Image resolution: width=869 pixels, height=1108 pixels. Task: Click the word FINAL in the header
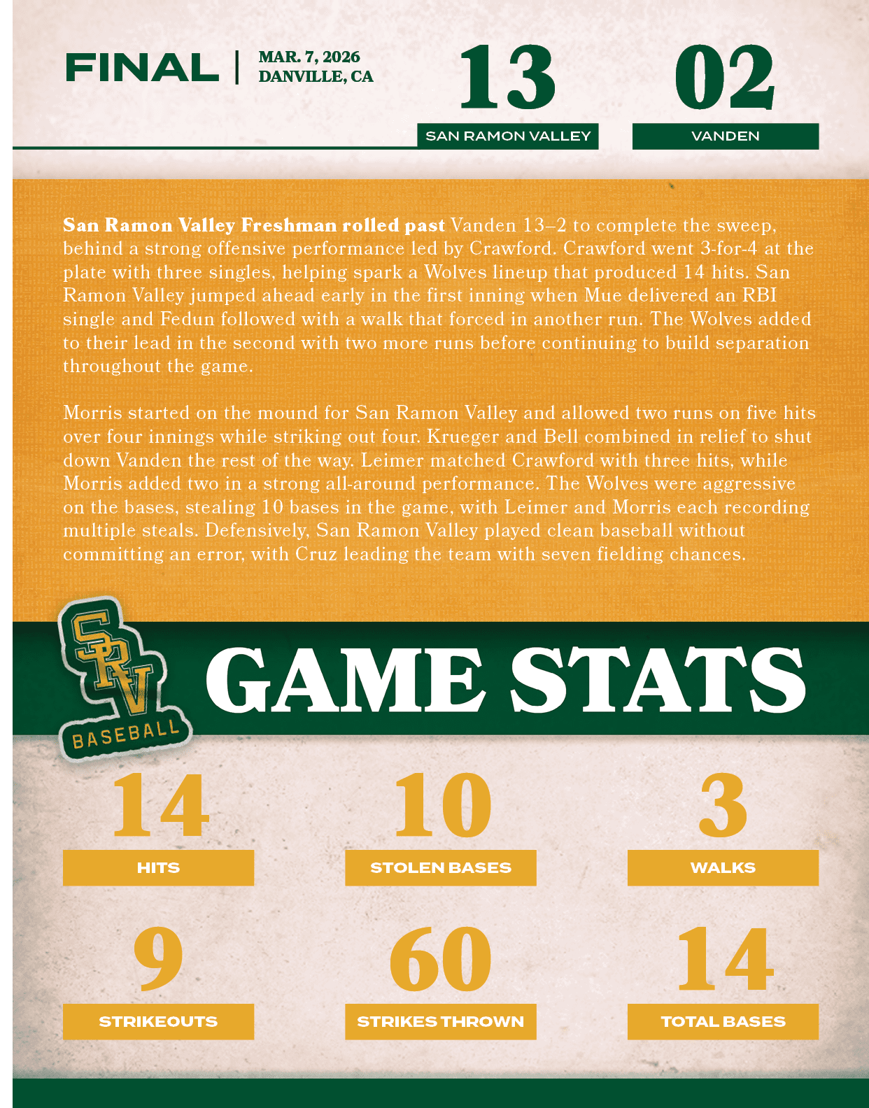(142, 68)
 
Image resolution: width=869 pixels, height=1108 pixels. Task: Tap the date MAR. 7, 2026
(309, 57)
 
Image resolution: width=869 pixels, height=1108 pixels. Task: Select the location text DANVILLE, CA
(316, 76)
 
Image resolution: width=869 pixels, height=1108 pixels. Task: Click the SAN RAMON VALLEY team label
(508, 136)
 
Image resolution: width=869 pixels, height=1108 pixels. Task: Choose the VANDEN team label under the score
(726, 136)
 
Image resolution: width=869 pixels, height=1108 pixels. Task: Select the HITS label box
(158, 867)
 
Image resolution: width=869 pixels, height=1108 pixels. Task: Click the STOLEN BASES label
(441, 867)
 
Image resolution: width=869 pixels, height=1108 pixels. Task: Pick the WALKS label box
(723, 867)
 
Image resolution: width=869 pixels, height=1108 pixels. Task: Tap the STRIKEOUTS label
(158, 1021)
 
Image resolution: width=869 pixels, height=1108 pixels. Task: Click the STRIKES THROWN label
(441, 1021)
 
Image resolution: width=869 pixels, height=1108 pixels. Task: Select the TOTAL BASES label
(723, 1021)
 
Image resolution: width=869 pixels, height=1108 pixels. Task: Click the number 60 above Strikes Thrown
(441, 959)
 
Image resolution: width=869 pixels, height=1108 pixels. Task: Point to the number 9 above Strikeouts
(158, 959)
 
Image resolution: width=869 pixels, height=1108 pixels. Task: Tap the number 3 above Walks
(723, 805)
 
